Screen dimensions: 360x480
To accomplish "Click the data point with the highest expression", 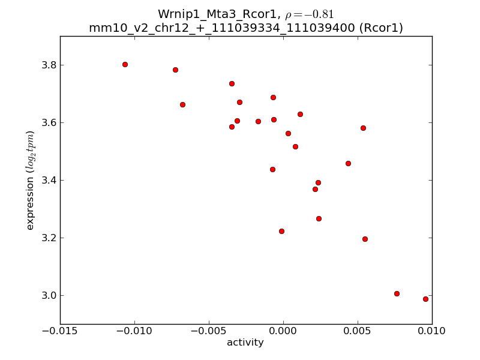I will (x=125, y=64).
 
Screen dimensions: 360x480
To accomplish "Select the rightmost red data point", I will (x=425, y=299).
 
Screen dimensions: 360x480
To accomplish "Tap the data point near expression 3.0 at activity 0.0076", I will (x=397, y=293).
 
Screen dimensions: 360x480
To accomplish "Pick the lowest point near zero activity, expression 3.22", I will (x=281, y=231).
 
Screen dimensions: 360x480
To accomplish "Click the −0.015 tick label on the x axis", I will (x=60, y=330).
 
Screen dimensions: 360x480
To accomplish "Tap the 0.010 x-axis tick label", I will (x=432, y=330).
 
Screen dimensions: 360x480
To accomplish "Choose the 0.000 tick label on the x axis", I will (x=283, y=330).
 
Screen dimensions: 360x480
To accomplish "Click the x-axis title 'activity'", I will (x=245, y=343).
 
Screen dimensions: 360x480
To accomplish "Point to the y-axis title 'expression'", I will (x=30, y=180).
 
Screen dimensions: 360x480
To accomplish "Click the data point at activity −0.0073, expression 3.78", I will (x=175, y=70).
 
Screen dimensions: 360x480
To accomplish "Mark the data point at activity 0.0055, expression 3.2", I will (x=365, y=239).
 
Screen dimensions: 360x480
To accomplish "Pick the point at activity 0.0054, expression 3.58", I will (x=363, y=128).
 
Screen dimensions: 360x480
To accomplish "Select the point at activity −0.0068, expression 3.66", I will (x=182, y=104).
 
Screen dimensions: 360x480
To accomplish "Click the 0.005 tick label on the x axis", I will (x=358, y=330).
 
